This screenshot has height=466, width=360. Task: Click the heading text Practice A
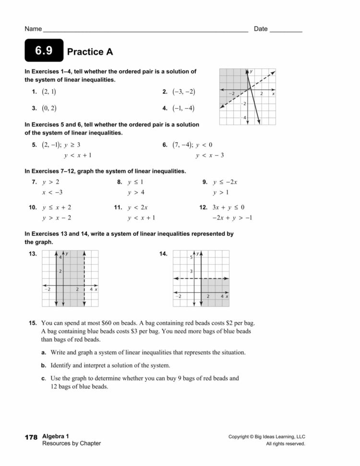[90, 52]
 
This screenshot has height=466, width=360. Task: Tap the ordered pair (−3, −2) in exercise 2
[184, 91]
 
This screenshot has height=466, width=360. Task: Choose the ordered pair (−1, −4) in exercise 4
[184, 108]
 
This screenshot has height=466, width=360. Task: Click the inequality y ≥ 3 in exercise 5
[72, 145]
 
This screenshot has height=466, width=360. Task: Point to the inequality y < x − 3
[210, 155]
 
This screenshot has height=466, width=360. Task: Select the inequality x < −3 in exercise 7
[52, 193]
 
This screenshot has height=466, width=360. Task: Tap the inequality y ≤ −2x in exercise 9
[226, 182]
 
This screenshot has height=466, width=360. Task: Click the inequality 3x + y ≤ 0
[228, 208]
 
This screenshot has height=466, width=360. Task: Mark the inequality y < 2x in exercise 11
[138, 208]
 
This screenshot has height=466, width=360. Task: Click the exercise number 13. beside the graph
[33, 254]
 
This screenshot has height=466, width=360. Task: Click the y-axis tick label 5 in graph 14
[191, 258]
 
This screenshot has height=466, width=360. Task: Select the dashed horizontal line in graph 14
[211, 278]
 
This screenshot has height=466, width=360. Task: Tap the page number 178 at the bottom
[30, 437]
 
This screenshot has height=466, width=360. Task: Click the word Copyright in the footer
[241, 437]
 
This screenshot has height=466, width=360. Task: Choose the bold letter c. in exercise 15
[44, 378]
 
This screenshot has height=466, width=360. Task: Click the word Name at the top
[33, 29]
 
